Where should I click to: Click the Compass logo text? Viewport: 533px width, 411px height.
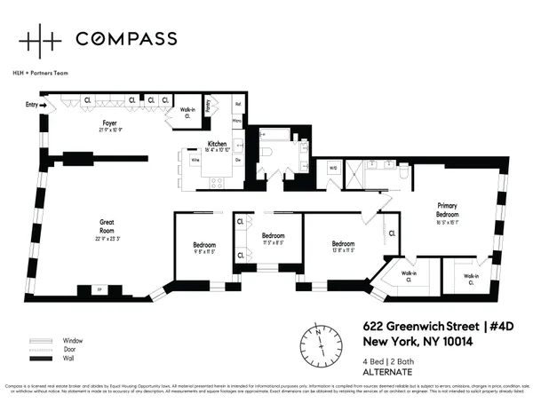pyautogui.click(x=125, y=38)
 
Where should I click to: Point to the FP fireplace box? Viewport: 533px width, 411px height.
pyautogui.click(x=99, y=290)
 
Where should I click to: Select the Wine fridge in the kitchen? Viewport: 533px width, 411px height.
pyautogui.click(x=195, y=160)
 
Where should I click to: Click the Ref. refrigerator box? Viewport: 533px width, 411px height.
pyautogui.click(x=238, y=104)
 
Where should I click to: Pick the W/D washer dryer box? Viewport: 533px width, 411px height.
pyautogui.click(x=333, y=166)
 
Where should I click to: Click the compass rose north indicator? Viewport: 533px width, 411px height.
pyautogui.click(x=317, y=337)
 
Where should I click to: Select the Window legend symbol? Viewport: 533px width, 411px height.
pyautogui.click(x=41, y=341)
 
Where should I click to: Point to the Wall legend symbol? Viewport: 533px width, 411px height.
pyautogui.click(x=41, y=360)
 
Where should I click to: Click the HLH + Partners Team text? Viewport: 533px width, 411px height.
pyautogui.click(x=43, y=72)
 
